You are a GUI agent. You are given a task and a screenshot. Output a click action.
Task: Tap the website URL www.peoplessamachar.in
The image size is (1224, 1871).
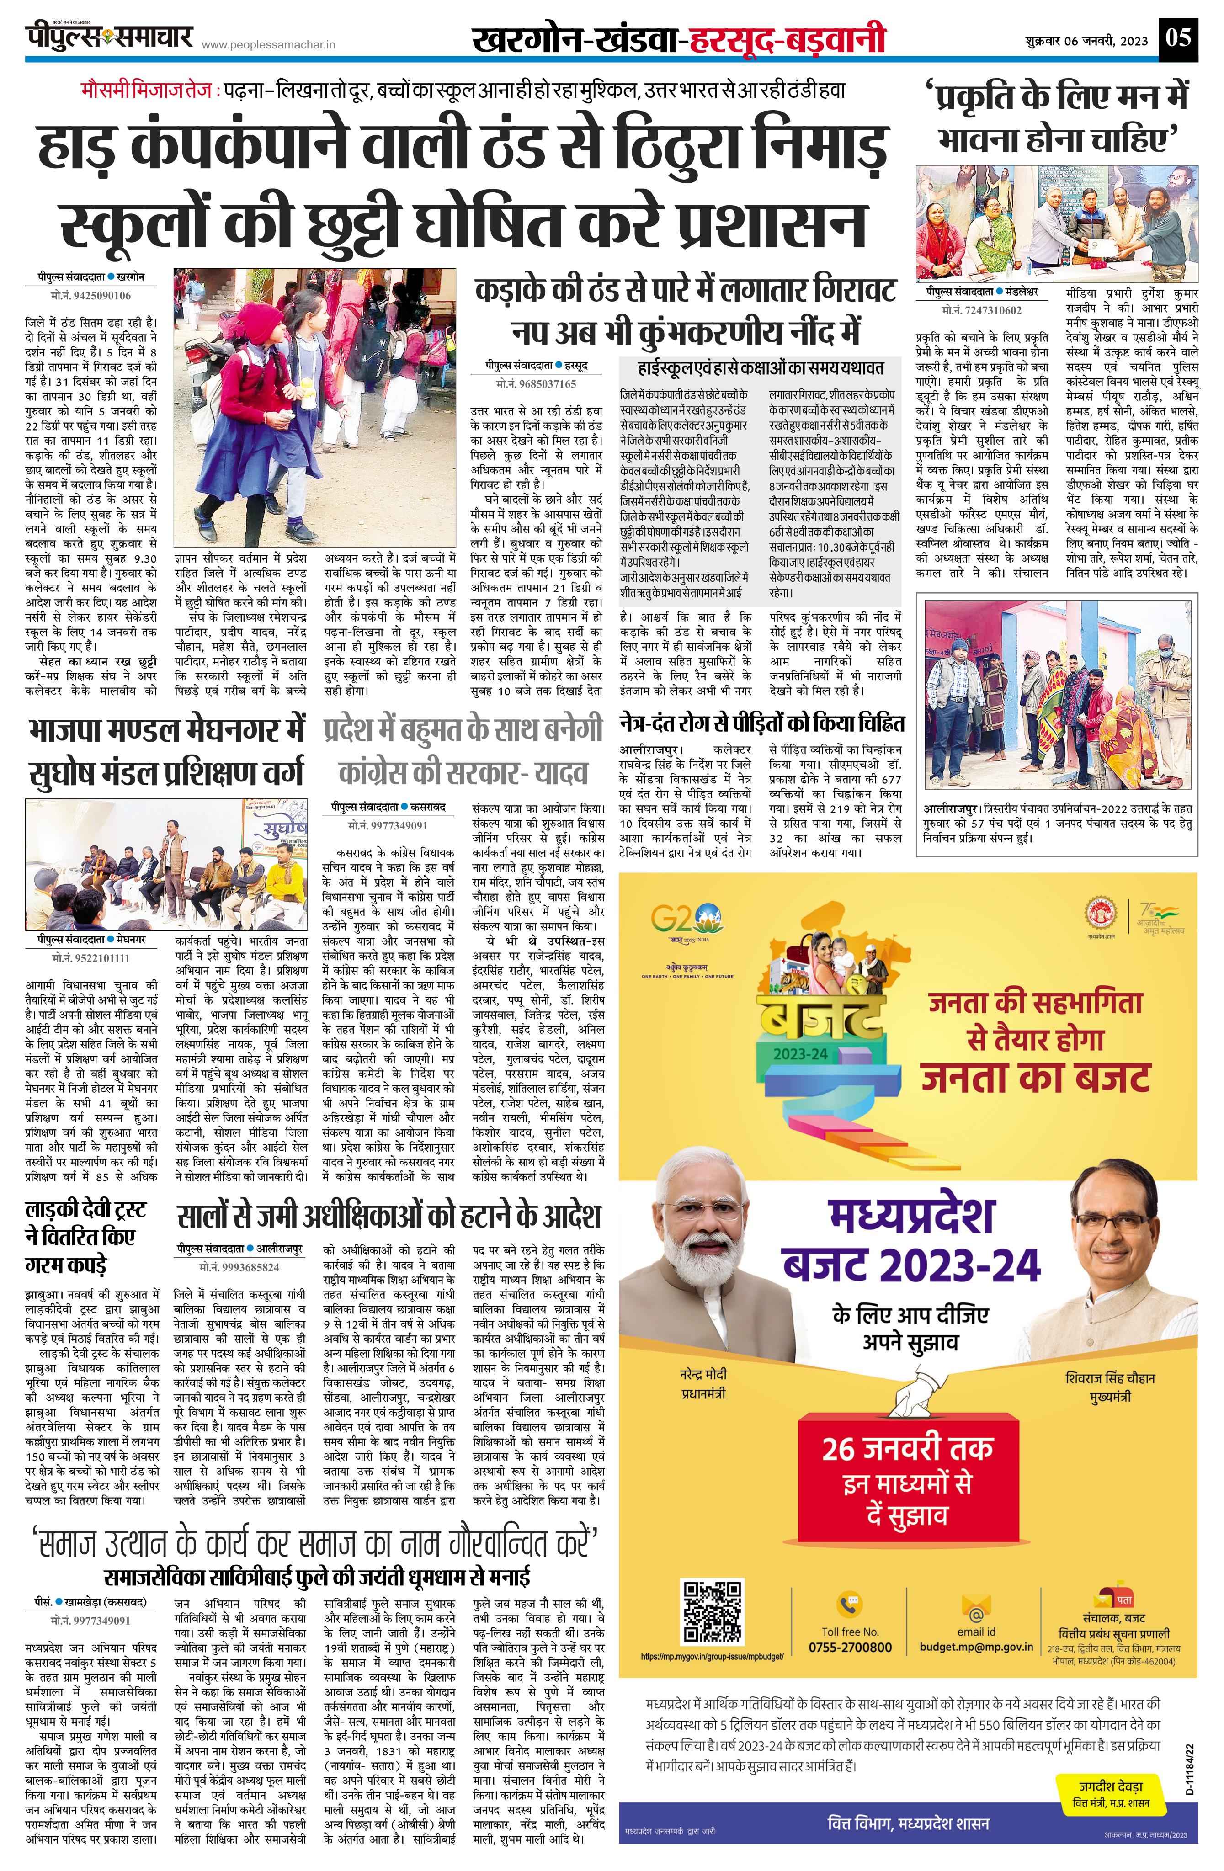268,46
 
